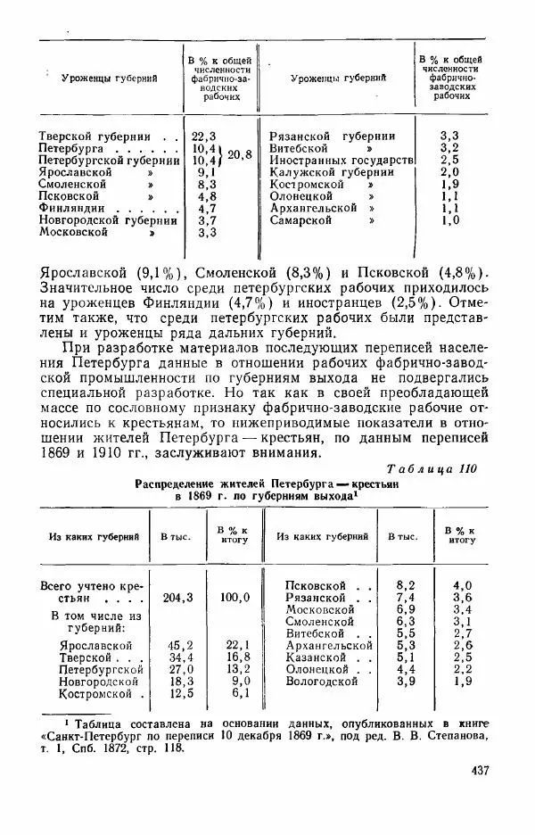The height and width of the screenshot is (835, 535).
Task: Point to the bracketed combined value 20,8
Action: (240, 154)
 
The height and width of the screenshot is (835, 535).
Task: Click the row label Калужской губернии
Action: (331, 172)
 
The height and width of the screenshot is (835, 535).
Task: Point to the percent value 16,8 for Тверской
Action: (235, 657)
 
